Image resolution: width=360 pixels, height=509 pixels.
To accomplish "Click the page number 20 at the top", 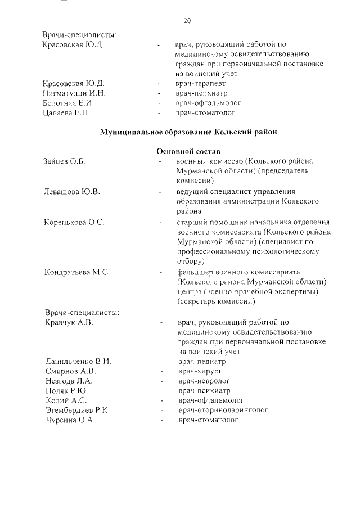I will (187, 21).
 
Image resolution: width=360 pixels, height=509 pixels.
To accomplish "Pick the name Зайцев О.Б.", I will (64, 162).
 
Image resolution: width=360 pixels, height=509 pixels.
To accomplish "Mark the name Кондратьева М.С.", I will (77, 273).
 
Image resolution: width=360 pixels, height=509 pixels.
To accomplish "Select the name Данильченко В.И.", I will (78, 362).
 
